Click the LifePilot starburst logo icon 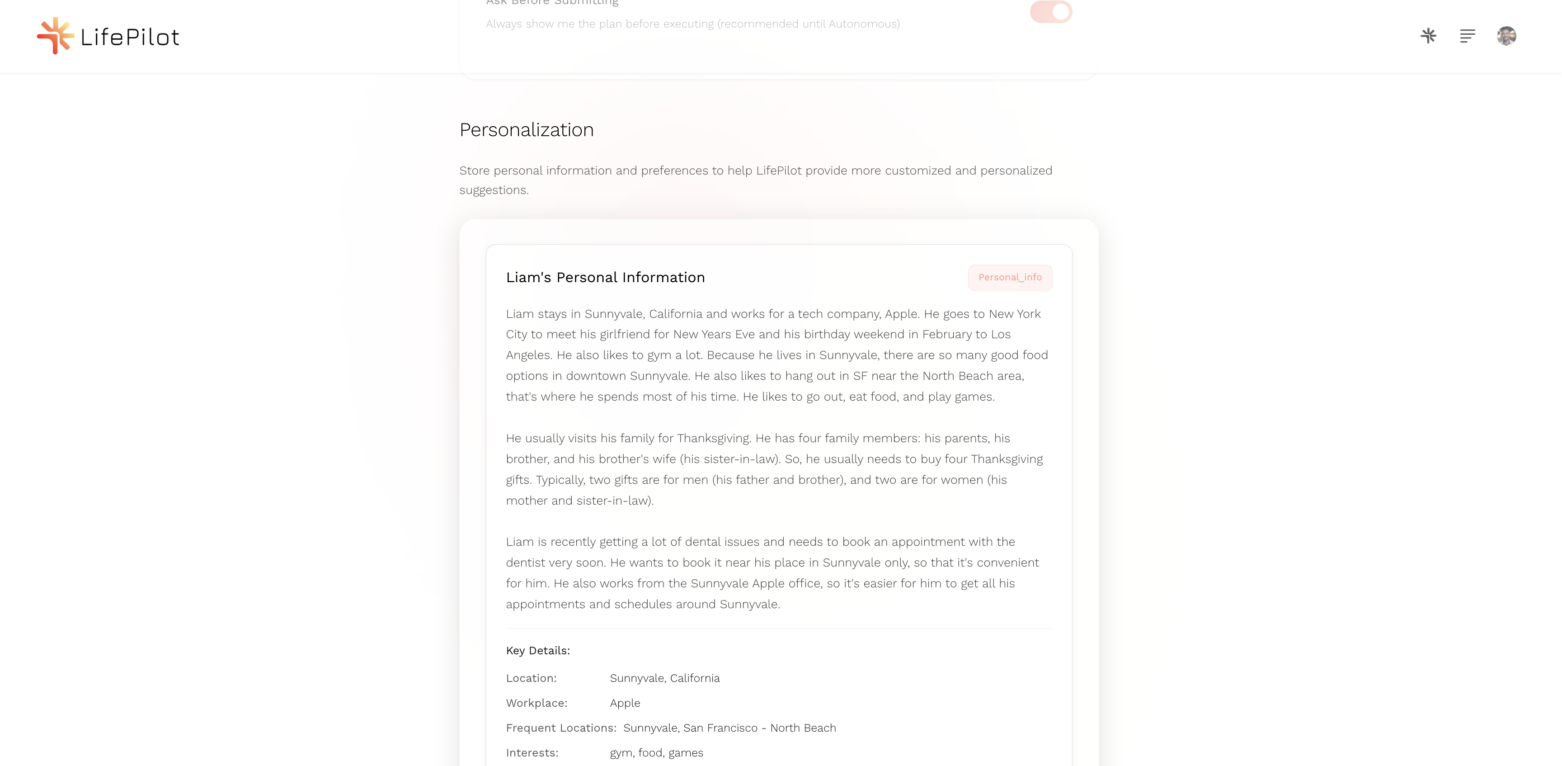point(55,36)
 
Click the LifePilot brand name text point(130,38)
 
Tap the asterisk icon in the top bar point(1428,36)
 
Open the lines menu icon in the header point(1468,36)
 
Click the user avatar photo point(1506,36)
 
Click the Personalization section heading point(527,130)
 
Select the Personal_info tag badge point(1010,277)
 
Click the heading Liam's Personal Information point(605,277)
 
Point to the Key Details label point(538,651)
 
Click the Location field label point(531,678)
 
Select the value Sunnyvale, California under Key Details point(664,678)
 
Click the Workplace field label point(536,703)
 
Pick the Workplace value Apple point(625,703)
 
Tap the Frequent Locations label point(561,728)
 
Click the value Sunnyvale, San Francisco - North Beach point(729,728)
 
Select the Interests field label point(532,752)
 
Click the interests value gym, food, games point(656,752)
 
